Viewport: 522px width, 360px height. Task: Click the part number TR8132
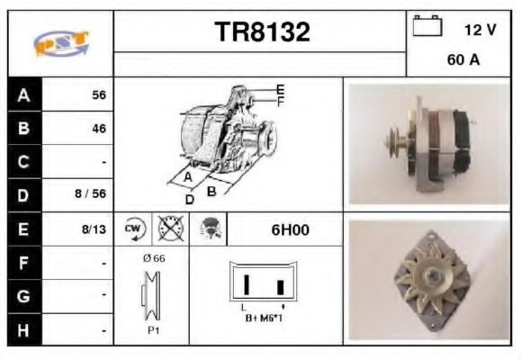(x=262, y=32)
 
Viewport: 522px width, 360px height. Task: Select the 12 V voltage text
(x=480, y=30)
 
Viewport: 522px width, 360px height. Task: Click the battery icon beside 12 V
(x=427, y=28)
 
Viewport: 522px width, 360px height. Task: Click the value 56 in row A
(x=99, y=94)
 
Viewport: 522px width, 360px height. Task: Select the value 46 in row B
(x=99, y=129)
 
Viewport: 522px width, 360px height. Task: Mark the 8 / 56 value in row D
(x=92, y=194)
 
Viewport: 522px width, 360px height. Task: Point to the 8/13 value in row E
(x=94, y=229)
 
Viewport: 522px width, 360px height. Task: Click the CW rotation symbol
(x=133, y=229)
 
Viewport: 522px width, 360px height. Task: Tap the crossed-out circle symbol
(x=168, y=229)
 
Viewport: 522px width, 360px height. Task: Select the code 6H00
(x=290, y=229)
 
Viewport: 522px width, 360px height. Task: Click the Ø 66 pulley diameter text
(x=153, y=258)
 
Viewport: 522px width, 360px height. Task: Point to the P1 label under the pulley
(x=153, y=330)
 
